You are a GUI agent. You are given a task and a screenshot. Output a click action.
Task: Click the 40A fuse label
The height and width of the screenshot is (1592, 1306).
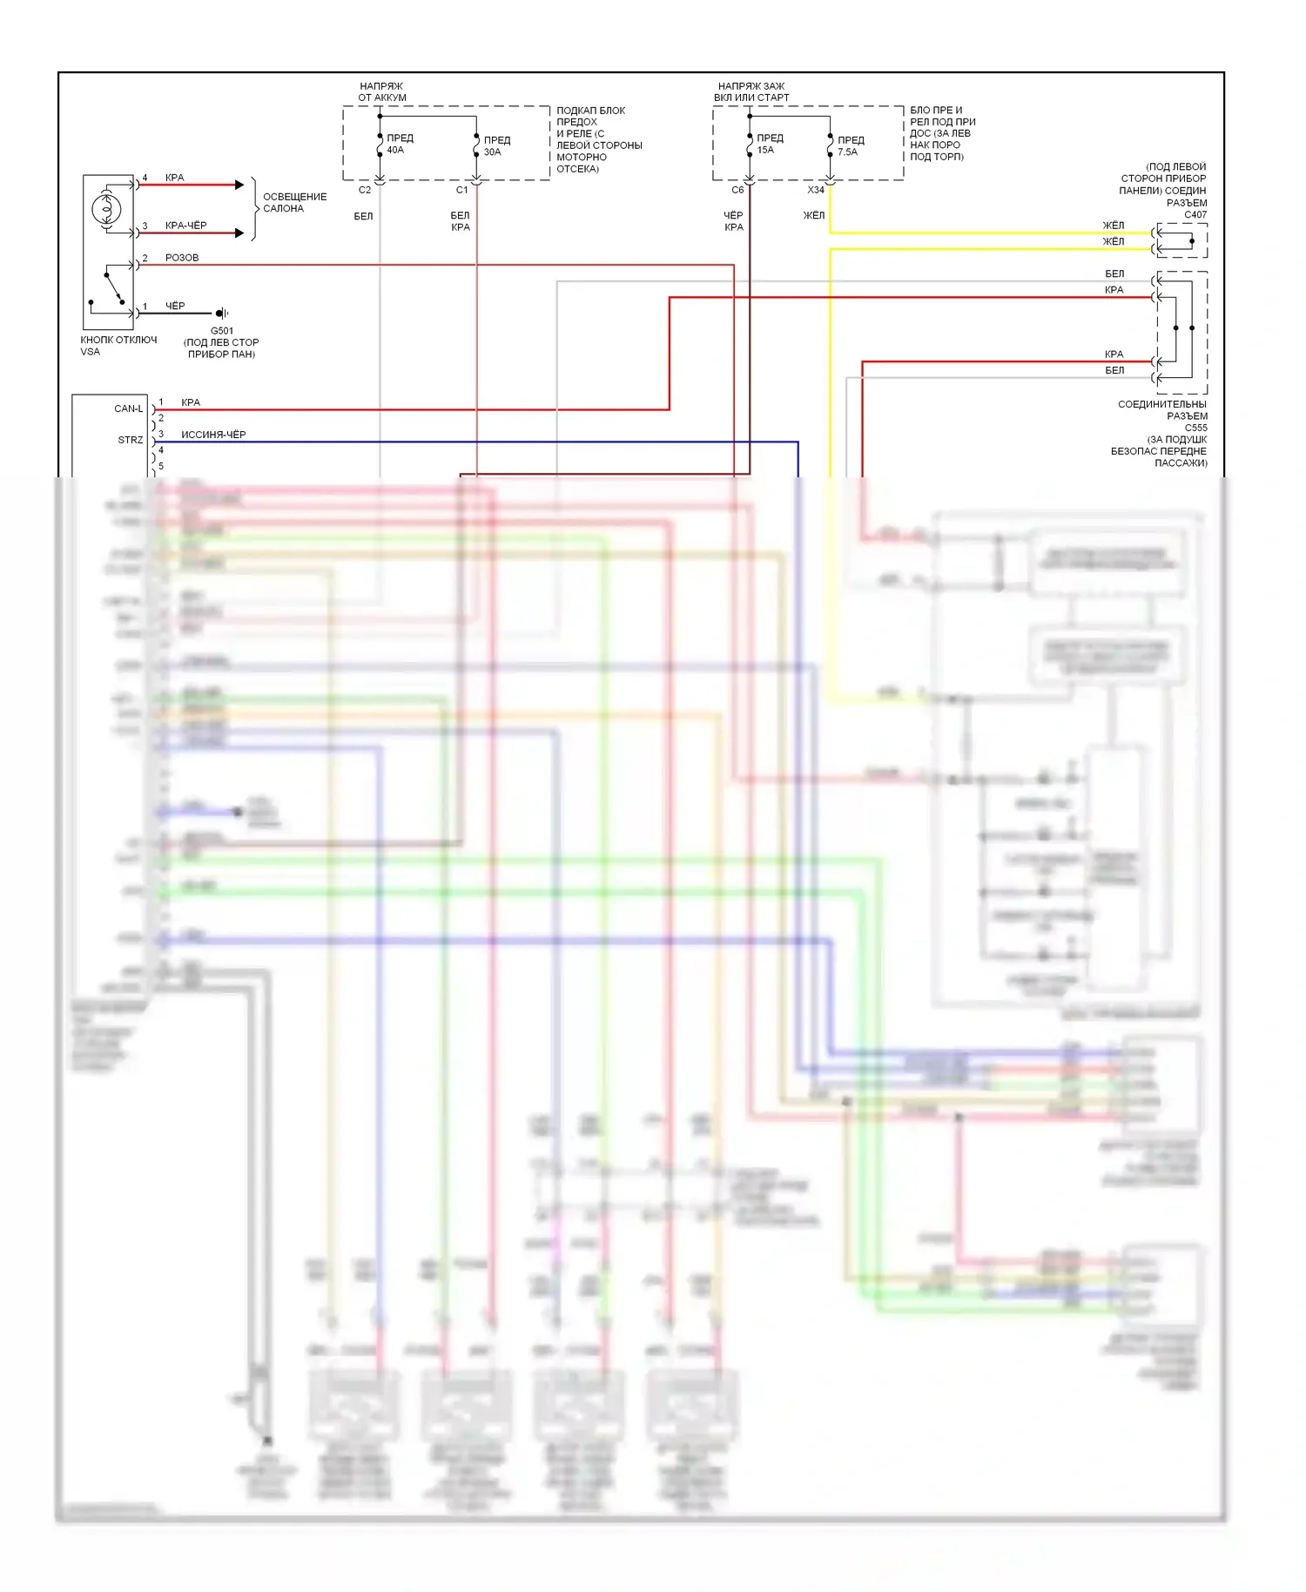click(x=395, y=150)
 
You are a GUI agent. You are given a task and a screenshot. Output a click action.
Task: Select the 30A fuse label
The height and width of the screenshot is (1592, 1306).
click(x=492, y=152)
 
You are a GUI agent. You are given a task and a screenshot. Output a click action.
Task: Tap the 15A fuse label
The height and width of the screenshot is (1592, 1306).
click(x=765, y=150)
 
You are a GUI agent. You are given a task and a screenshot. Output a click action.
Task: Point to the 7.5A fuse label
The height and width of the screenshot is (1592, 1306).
click(x=847, y=152)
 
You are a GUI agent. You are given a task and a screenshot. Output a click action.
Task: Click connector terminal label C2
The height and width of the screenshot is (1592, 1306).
click(x=365, y=190)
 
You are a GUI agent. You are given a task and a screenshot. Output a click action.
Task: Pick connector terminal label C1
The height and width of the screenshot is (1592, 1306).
click(x=462, y=190)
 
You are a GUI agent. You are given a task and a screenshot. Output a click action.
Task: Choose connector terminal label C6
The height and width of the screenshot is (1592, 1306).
click(x=737, y=190)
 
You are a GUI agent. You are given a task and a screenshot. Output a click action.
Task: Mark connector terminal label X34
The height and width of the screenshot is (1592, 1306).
click(x=816, y=190)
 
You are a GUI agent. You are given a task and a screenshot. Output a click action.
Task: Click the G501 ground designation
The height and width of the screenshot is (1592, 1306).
click(x=222, y=331)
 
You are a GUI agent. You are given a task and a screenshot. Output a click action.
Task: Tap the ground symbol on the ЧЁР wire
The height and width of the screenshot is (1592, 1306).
click(x=222, y=313)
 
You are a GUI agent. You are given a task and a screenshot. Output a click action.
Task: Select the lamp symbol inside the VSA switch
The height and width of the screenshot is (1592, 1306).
click(x=107, y=209)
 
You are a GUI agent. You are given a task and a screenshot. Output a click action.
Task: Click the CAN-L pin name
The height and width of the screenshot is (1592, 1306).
click(x=129, y=408)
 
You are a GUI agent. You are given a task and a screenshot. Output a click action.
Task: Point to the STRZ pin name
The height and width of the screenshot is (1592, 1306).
click(x=131, y=440)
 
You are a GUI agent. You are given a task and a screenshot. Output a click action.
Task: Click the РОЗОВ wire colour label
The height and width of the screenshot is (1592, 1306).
click(x=182, y=258)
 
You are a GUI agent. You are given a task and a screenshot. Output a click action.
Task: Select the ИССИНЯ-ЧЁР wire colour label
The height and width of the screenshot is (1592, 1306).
click(x=213, y=434)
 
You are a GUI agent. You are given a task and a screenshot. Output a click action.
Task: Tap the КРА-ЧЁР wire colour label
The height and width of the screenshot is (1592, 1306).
click(x=186, y=226)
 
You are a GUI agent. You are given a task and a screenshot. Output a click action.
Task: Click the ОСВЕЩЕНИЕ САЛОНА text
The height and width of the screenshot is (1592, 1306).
click(x=295, y=202)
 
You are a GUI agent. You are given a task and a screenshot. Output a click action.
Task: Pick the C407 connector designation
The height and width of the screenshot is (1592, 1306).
click(x=1195, y=214)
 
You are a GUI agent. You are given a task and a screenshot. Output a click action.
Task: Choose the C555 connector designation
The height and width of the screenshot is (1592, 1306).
click(x=1195, y=428)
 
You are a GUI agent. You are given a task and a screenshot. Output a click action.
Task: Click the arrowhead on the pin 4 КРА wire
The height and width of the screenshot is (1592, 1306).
click(x=239, y=185)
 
